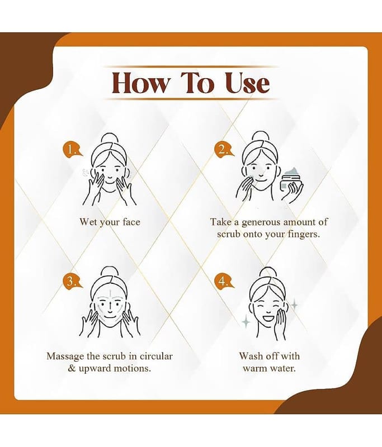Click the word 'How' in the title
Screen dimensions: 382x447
coord(140,83)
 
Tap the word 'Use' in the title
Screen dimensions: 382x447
coord(247,83)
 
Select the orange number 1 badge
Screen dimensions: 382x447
coord(72,149)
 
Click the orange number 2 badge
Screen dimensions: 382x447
coord(224,149)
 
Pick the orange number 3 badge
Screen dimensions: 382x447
coord(72,282)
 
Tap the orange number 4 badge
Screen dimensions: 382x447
coord(224,282)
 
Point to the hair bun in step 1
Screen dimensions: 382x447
coord(109,139)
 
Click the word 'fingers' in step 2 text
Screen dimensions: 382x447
coord(303,235)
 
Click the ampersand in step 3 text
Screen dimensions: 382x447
coord(72,368)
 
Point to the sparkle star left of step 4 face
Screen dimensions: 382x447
coord(246,322)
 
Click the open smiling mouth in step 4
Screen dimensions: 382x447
coord(268,317)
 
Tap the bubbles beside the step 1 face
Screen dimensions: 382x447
coord(86,173)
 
